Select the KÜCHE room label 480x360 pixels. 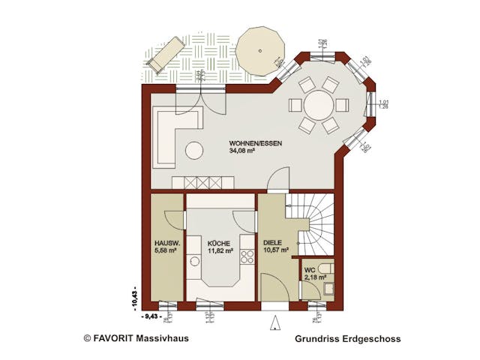[219, 244]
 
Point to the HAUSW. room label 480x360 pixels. [166, 244]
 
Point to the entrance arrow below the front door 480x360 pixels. [274, 324]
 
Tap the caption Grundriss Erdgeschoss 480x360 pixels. [347, 339]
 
